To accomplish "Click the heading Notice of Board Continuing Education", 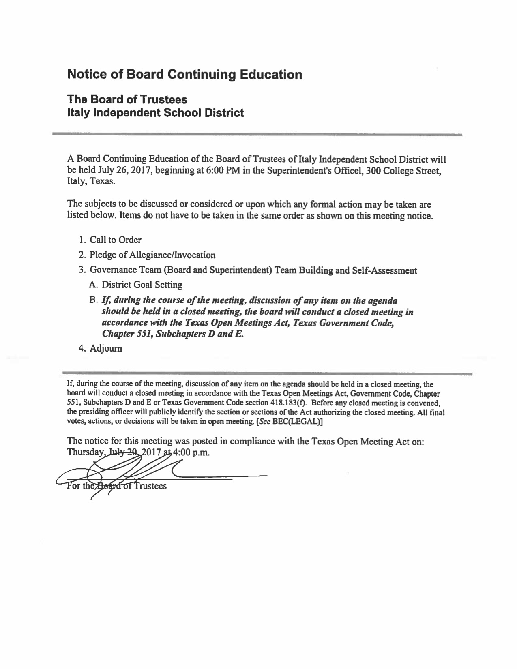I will point(184,75).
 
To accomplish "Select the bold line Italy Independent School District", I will point(155,113).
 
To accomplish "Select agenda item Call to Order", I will point(115,240).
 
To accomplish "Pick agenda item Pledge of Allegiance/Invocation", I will point(152,255).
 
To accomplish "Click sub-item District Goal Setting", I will point(142,285).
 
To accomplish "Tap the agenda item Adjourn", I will point(106,348).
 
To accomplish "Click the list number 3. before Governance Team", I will point(82,270).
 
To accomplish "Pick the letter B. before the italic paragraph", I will point(94,300).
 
